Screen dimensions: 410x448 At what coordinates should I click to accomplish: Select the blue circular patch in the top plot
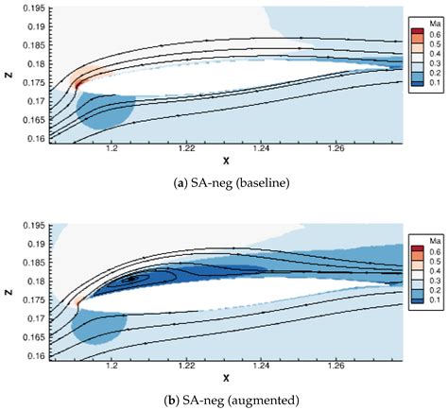(104, 110)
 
